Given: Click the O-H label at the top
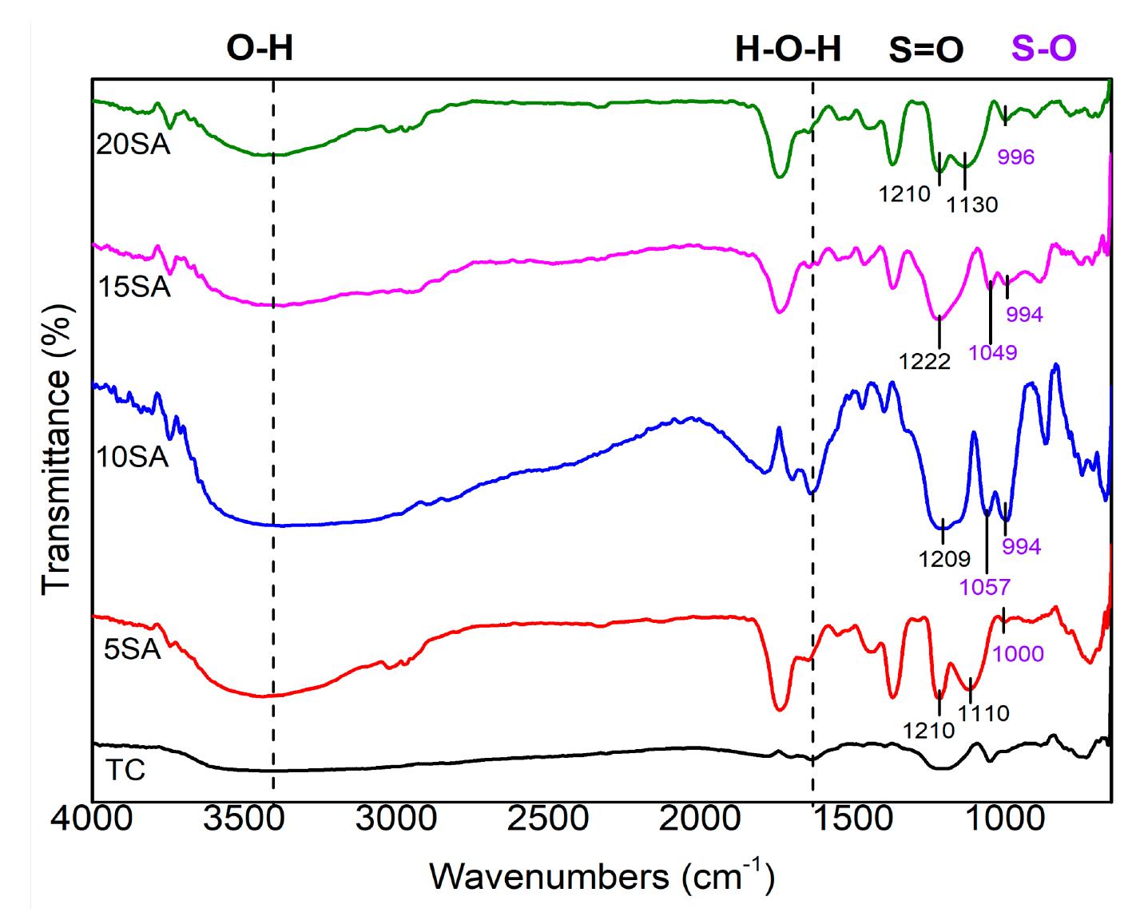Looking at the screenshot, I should coord(260,49).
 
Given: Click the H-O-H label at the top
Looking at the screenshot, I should coord(788,50).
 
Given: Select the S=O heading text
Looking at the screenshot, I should coord(926,50).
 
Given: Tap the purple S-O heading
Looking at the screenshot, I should coord(1043,49).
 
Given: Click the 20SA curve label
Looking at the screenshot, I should coord(133,146).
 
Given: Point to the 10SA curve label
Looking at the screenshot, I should coord(133,458).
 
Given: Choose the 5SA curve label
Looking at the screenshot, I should coord(133,650).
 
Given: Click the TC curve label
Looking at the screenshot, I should coord(125,771).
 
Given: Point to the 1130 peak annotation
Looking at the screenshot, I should coord(972,205).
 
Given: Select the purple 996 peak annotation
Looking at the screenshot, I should coord(1015,157).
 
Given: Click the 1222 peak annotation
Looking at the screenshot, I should coord(924,362).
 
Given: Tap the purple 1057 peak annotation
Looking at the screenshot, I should coord(984,588).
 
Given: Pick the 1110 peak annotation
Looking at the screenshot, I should coord(983,713).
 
